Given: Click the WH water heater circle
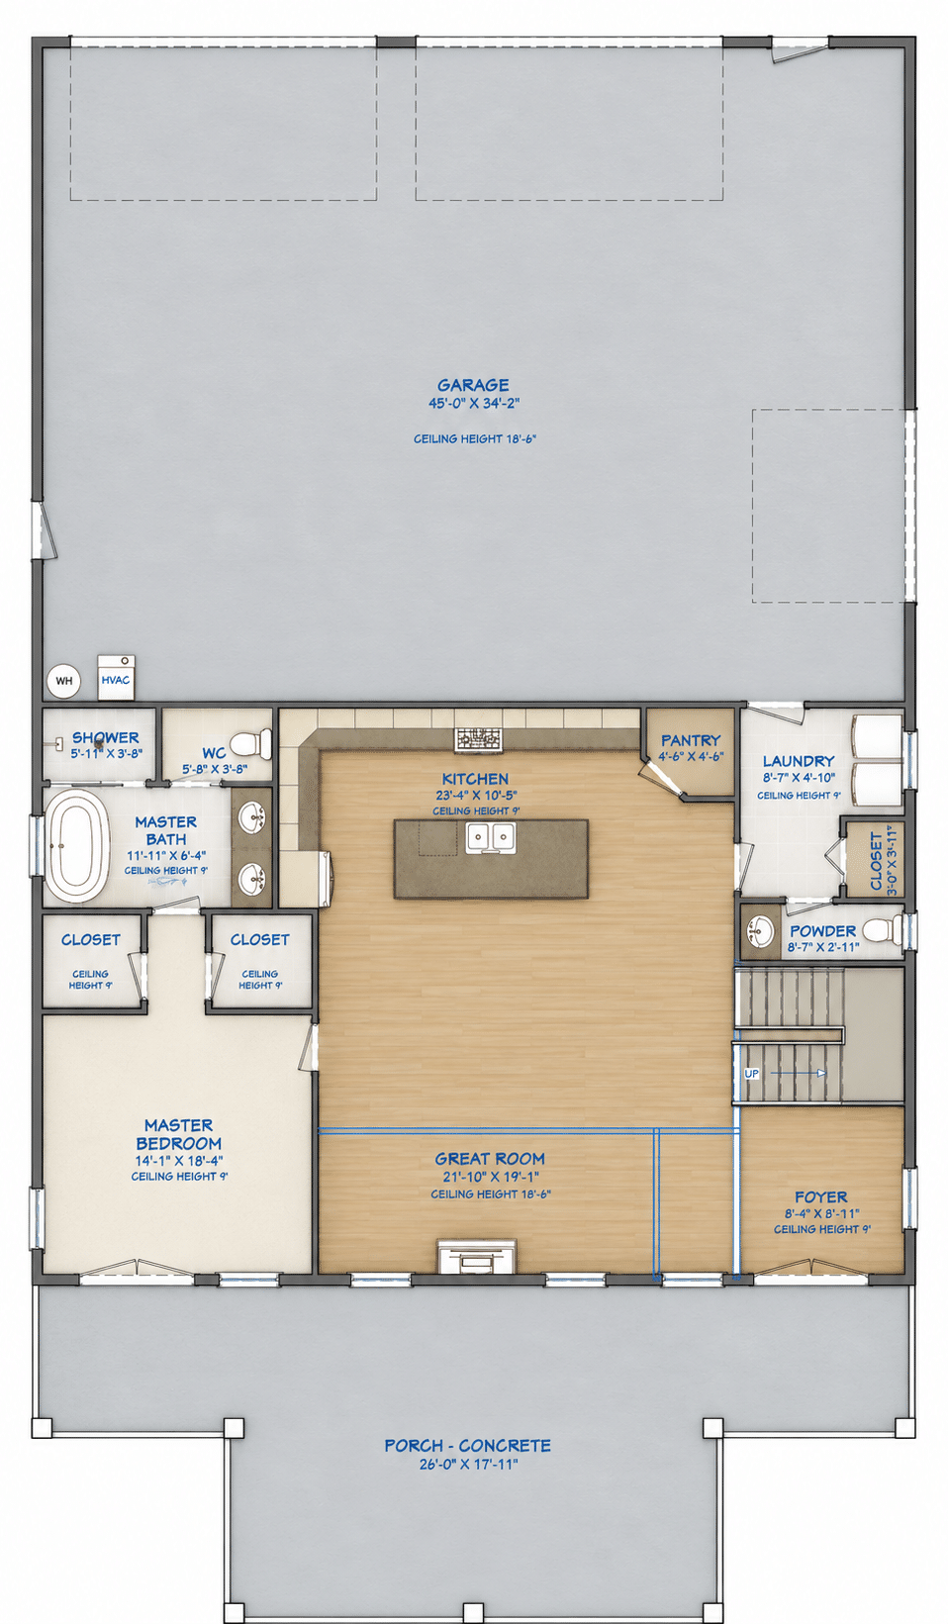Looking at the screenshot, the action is click(x=63, y=681).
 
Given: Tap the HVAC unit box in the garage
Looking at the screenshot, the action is click(x=116, y=678).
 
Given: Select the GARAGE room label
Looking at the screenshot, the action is click(x=473, y=385).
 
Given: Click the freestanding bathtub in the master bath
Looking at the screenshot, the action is click(x=77, y=845).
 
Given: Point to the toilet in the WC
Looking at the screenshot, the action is click(x=250, y=743).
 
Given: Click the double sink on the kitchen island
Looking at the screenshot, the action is click(x=491, y=837).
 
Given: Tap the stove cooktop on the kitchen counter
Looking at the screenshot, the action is click(x=478, y=739).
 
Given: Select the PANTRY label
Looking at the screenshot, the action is click(x=691, y=740).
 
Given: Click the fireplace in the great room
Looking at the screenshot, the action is click(x=477, y=1256).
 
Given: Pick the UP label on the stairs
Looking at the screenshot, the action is click(x=752, y=1074).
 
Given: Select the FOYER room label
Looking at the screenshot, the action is click(x=821, y=1197).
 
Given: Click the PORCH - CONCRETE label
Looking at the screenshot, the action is click(x=467, y=1446).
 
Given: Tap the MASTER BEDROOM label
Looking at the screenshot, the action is click(x=179, y=1134).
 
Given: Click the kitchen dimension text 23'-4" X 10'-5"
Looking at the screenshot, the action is click(x=476, y=796).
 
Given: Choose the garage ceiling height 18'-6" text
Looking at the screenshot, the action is click(x=475, y=438).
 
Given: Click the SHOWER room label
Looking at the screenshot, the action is click(x=106, y=737).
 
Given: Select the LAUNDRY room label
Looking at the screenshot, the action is click(x=799, y=760).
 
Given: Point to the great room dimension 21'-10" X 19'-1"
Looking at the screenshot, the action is click(x=491, y=1177).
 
